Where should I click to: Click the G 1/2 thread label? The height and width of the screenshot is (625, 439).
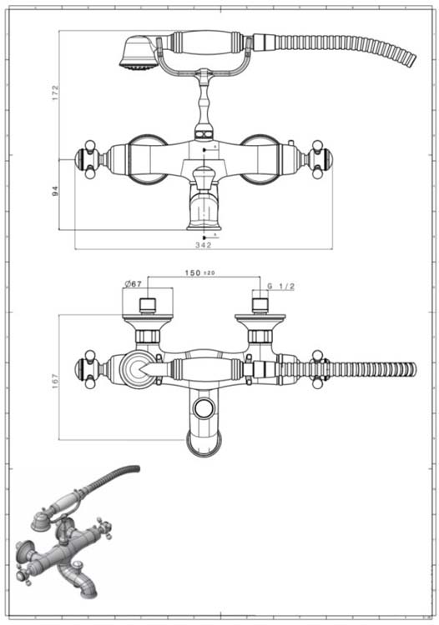(x=282, y=287)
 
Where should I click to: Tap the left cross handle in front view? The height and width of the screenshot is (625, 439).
(x=88, y=159)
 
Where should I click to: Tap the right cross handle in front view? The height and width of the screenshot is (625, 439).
(x=320, y=159)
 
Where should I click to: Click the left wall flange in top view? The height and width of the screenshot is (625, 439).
(x=148, y=320)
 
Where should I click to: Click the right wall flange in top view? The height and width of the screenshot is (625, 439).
(x=260, y=320)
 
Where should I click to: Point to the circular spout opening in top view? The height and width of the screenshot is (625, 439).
(x=203, y=408)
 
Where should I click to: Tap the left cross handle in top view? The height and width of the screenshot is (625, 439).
(x=88, y=369)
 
